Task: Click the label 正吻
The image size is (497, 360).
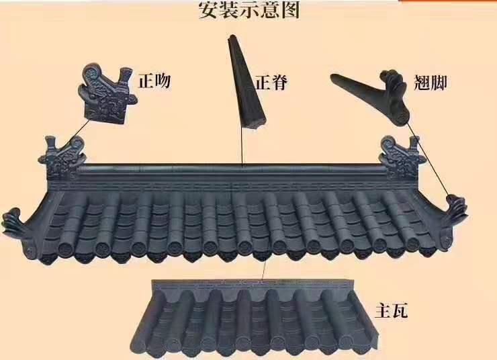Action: [x=154, y=81]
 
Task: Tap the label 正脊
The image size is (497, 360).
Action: [x=271, y=83]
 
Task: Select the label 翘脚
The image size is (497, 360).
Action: [x=430, y=83]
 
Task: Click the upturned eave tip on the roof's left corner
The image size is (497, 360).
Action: [x=14, y=222]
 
